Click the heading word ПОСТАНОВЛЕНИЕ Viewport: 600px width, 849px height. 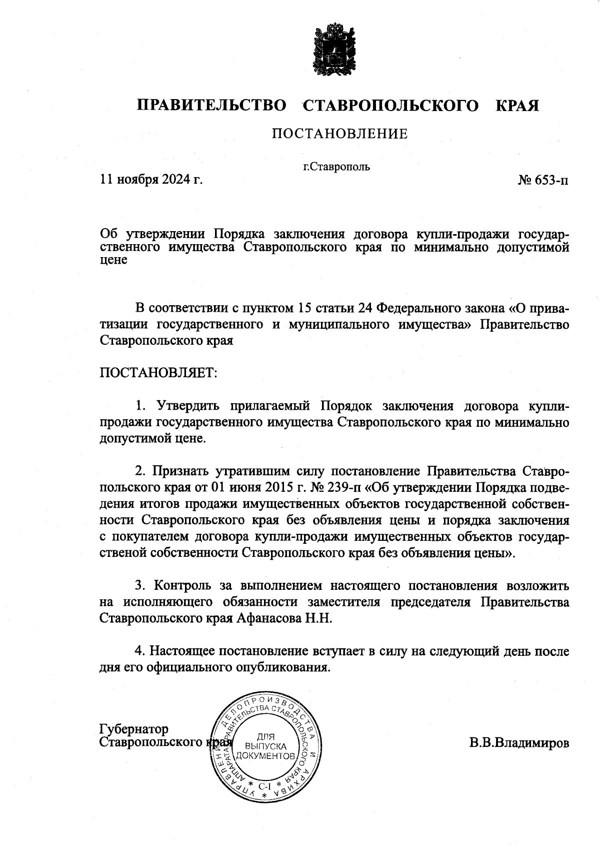click(339, 134)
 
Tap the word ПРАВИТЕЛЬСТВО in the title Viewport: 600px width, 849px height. click(212, 106)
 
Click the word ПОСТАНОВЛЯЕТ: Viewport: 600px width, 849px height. click(159, 373)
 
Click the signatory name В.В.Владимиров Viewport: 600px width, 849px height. click(518, 743)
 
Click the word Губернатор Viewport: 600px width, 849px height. click(134, 728)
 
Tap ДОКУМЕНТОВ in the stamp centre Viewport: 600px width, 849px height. click(264, 755)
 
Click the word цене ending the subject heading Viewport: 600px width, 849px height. click(113, 260)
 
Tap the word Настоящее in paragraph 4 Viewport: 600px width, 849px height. click(183, 651)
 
